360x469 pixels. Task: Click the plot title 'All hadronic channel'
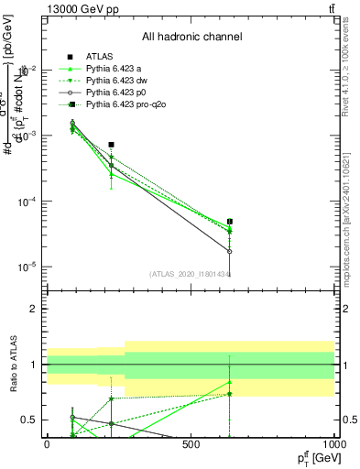(x=191, y=38)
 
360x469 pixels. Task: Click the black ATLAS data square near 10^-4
(x=111, y=145)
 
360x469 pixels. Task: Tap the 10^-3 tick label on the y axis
(x=27, y=136)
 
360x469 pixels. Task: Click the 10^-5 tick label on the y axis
(x=27, y=267)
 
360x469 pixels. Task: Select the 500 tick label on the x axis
(x=191, y=444)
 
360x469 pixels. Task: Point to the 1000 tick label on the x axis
(x=334, y=444)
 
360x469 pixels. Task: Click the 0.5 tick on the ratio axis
(x=31, y=420)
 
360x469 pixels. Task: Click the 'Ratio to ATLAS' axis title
(x=11, y=364)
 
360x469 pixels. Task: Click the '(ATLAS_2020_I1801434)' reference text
(x=191, y=274)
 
